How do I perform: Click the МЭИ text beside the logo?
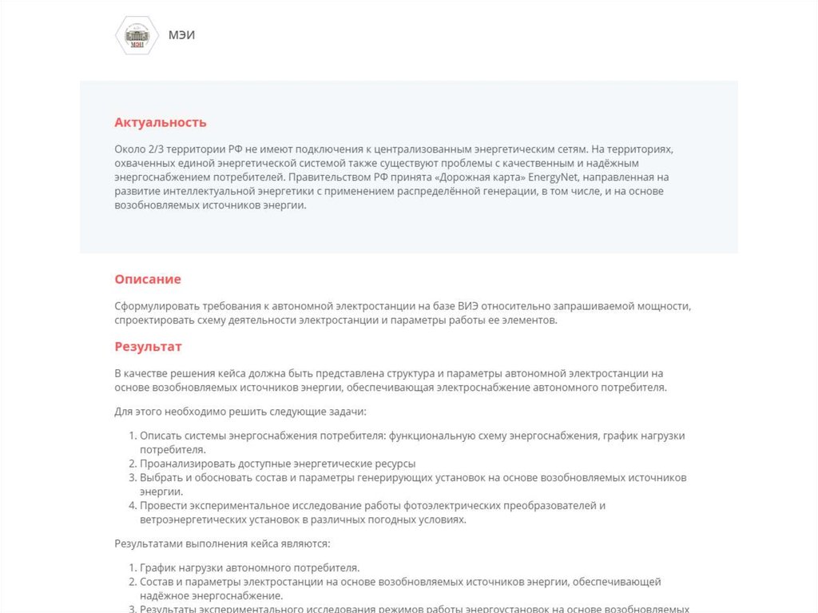181,35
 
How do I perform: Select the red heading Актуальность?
161,122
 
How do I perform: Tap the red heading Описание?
148,279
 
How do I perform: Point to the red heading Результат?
148,346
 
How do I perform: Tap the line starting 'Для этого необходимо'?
240,412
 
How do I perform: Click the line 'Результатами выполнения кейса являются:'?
222,544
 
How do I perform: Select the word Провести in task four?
163,505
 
